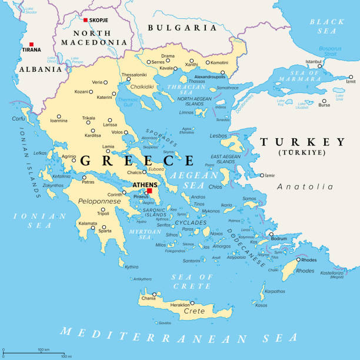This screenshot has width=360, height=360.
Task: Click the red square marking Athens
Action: click(x=149, y=191)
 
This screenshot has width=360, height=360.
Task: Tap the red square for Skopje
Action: click(x=85, y=20)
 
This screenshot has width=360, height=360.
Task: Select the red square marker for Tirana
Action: click(x=31, y=44)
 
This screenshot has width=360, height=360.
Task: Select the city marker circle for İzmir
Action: click(x=262, y=175)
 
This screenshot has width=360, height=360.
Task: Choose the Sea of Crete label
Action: click(x=191, y=281)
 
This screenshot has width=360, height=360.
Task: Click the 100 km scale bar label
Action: click(x=43, y=349)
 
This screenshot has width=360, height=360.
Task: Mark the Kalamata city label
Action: click(x=88, y=224)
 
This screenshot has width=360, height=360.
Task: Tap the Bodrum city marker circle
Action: click(x=271, y=235)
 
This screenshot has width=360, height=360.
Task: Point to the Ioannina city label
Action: click(x=58, y=121)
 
